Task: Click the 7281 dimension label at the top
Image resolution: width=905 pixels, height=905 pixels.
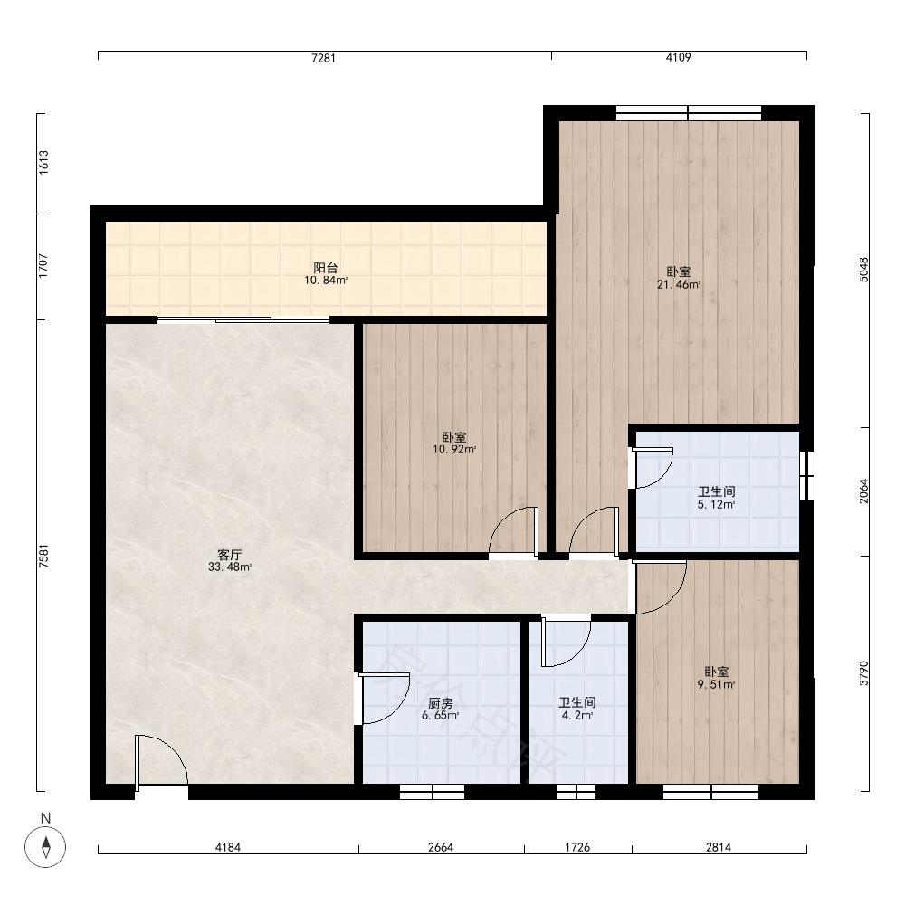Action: [323, 58]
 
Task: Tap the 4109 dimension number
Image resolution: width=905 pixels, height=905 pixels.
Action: [678, 57]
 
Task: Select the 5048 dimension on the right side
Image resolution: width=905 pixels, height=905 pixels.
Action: [863, 270]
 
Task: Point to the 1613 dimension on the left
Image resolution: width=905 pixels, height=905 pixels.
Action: [43, 163]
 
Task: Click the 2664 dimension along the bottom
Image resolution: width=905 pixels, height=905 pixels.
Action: [441, 847]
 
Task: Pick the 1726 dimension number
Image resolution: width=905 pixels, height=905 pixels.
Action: [577, 847]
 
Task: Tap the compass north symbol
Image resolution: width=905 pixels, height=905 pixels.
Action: [45, 847]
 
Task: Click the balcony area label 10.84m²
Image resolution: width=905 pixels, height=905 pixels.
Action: [326, 281]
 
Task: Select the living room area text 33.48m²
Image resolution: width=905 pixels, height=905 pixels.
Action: [230, 567]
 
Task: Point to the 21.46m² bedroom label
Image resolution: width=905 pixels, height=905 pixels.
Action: [679, 284]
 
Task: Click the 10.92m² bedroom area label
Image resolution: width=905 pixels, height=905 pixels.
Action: [454, 450]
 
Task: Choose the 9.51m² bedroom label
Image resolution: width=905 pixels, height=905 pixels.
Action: [716, 684]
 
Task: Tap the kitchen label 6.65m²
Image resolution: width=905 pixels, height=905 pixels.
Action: [441, 716]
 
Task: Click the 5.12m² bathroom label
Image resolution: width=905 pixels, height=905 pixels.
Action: [716, 504]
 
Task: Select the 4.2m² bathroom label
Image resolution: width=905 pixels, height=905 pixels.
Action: [577, 715]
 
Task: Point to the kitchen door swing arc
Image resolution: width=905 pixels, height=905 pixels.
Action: [398, 707]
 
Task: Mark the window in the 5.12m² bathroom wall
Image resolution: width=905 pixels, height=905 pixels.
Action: [807, 475]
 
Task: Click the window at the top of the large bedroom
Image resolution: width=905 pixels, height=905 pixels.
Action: [689, 113]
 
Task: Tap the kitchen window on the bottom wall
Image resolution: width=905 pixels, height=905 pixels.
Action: [433, 792]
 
